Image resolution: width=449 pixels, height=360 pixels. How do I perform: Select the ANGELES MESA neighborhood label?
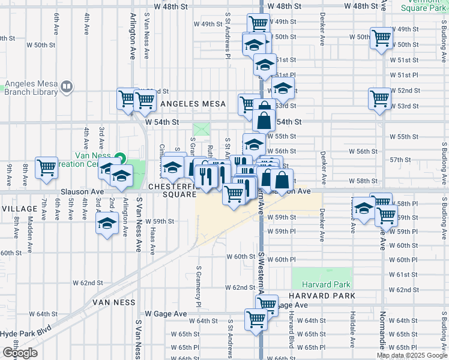189,104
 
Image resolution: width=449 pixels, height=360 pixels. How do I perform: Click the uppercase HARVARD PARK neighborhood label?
322,296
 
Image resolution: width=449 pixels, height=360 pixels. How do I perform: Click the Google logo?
20,353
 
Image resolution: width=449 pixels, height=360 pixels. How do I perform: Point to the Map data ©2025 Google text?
412,355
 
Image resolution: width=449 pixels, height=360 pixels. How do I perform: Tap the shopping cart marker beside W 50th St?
381,38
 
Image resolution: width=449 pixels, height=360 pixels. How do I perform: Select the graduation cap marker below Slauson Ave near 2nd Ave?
107,224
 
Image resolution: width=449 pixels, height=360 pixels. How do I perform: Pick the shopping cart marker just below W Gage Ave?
256,319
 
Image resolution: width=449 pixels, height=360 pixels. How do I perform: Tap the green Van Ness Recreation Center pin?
119,159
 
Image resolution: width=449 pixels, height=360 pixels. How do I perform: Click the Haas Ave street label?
152,237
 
